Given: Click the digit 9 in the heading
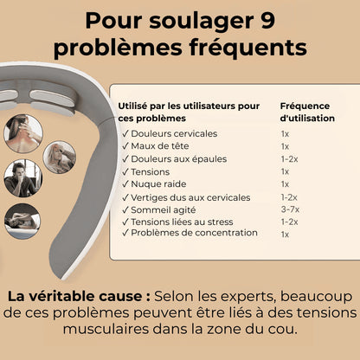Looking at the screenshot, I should (x=290, y=18).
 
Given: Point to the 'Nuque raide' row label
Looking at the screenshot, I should (x=161, y=183).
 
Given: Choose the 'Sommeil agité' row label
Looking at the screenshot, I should (x=165, y=209).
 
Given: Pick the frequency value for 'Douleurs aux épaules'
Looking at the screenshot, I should (x=289, y=158).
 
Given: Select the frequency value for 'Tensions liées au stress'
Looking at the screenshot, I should (x=289, y=222).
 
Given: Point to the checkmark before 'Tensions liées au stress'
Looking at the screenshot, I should (x=125, y=222).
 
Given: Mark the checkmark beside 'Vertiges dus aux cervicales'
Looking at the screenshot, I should (x=125, y=196).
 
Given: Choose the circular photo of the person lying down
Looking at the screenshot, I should (x=21, y=221).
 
